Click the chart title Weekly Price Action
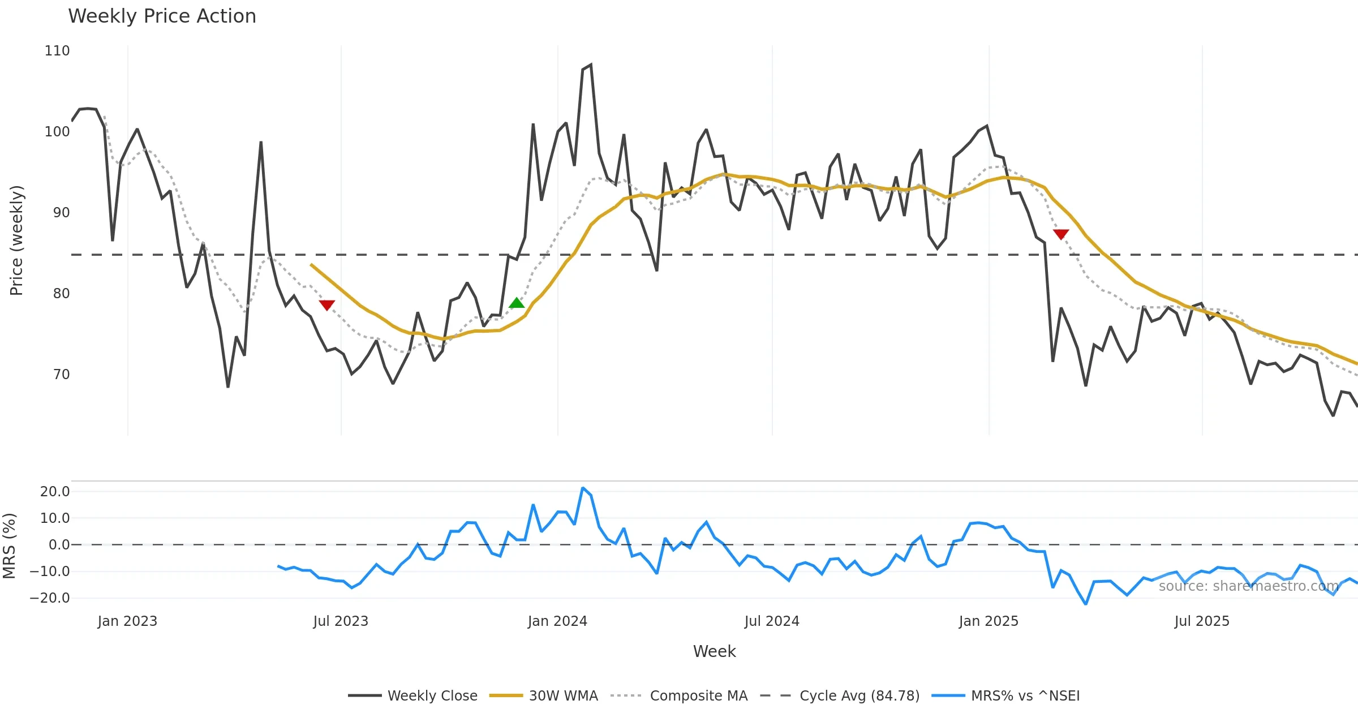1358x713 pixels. click(x=162, y=16)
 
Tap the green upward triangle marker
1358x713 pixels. click(x=517, y=303)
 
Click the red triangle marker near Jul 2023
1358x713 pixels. click(x=327, y=305)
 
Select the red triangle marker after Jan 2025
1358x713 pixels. click(x=1061, y=234)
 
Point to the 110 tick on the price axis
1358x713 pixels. click(x=57, y=51)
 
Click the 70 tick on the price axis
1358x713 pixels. click(x=61, y=375)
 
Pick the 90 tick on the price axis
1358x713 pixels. click(x=61, y=213)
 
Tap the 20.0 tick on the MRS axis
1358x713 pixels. click(x=55, y=492)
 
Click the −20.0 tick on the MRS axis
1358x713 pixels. click(x=50, y=598)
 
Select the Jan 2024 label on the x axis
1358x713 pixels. click(x=557, y=621)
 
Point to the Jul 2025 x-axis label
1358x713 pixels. click(x=1202, y=621)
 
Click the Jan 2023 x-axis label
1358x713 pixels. click(x=127, y=621)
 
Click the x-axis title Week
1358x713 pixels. click(x=714, y=651)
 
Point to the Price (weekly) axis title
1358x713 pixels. click(x=16, y=240)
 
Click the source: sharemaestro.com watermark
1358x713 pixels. click(x=1248, y=586)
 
